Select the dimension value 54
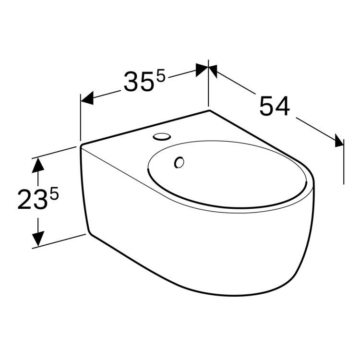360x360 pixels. pos(274,106)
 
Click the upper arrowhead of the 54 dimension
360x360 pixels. pos(214,71)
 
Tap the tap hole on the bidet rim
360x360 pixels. pos(162,137)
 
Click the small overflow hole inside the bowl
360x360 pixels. pos(180,162)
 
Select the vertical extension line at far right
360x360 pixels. pos(344,158)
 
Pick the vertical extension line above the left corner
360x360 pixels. pos(80,118)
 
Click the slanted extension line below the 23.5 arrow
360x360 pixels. pos(58,241)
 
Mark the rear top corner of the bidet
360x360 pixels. pos(209,110)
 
